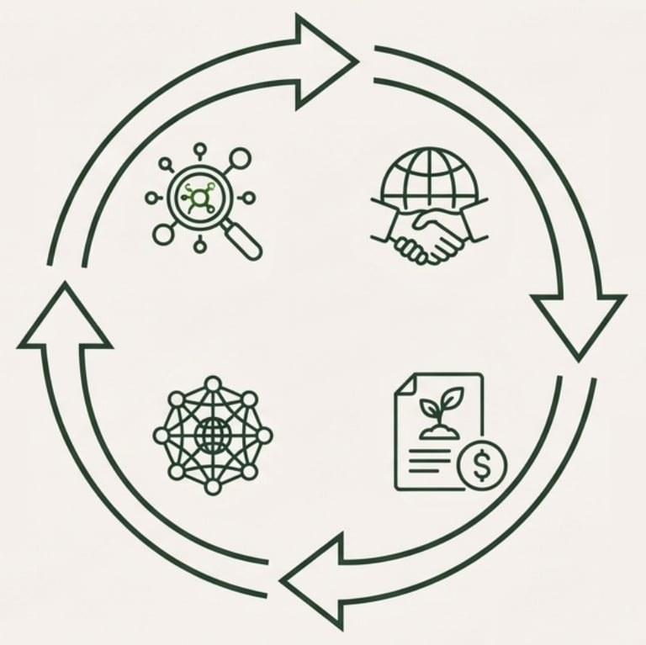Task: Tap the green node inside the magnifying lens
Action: pyautogui.click(x=199, y=199)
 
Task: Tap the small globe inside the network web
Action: pyautogui.click(x=213, y=435)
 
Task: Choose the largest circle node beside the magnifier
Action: pyautogui.click(x=240, y=157)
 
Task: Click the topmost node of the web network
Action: pyautogui.click(x=213, y=383)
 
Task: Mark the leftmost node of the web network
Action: pyautogui.click(x=161, y=435)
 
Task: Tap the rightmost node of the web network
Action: pyautogui.click(x=264, y=435)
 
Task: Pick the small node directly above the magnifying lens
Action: pyautogui.click(x=199, y=151)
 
